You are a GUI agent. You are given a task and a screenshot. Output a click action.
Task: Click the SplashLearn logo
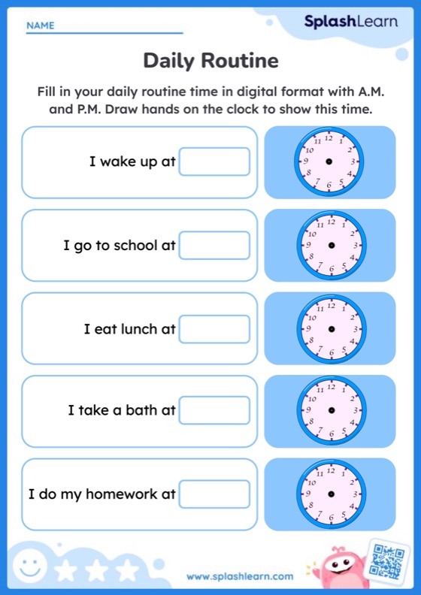[350, 22]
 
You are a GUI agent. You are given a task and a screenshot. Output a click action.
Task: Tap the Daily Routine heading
[210, 60]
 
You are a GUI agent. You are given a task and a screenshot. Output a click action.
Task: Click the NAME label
[41, 26]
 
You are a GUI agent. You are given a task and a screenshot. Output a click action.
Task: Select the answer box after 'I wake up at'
[214, 162]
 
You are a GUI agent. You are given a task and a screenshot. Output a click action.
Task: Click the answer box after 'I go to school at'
[214, 245]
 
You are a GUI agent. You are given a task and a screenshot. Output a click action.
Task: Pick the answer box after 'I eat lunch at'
[214, 328]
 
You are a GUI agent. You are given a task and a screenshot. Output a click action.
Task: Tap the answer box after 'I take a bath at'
[214, 410]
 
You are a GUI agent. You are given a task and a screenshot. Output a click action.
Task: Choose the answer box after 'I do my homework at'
[214, 494]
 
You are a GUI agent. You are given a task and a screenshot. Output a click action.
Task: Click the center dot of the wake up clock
[329, 162]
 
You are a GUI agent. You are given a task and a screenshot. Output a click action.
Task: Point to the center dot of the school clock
[331, 245]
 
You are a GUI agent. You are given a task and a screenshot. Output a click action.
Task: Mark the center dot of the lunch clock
[331, 328]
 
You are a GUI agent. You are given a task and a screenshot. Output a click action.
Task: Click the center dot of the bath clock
[331, 411]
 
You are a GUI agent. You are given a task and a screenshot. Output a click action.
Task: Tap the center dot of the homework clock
[331, 494]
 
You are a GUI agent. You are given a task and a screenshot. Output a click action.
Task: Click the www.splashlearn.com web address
[240, 576]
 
